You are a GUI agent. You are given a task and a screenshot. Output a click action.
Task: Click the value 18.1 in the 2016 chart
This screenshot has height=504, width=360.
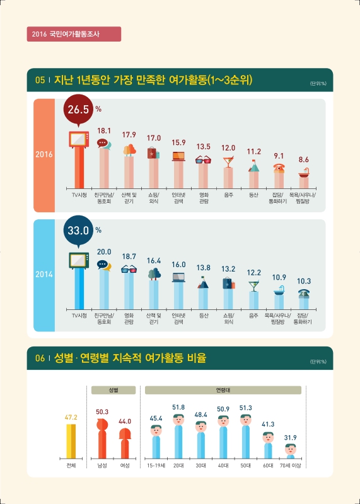pyautogui.click(x=104, y=131)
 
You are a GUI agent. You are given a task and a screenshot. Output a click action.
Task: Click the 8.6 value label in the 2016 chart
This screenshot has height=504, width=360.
pyautogui.click(x=303, y=160)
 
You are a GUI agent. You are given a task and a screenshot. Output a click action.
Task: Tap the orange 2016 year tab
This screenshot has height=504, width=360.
pyautogui.click(x=44, y=154)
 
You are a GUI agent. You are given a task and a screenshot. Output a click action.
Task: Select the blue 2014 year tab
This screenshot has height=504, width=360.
pyautogui.click(x=44, y=275)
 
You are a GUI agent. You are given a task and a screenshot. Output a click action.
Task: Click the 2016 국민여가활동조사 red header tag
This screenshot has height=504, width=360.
pyautogui.click(x=74, y=33)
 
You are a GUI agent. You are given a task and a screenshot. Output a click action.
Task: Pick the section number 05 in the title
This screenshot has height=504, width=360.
pyautogui.click(x=40, y=80)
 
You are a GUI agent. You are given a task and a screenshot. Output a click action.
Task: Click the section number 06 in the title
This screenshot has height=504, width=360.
pyautogui.click(x=40, y=358)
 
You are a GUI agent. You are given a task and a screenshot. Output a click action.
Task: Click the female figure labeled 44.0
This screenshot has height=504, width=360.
pyautogui.click(x=125, y=441)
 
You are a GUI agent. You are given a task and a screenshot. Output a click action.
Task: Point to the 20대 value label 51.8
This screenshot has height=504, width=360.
pyautogui.click(x=178, y=408)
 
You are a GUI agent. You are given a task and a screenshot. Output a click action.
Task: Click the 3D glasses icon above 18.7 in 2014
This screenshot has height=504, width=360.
pyautogui.click(x=129, y=269)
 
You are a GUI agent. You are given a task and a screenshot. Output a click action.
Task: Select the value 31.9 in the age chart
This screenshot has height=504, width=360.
pyautogui.click(x=291, y=437)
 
